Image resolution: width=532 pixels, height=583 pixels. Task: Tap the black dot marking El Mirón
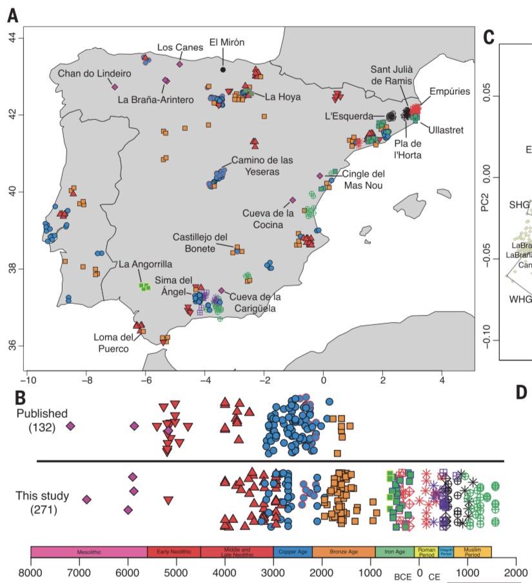coord(222,69)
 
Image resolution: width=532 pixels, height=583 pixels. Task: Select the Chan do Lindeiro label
coord(94,74)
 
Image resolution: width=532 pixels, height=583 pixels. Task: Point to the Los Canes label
coord(179,48)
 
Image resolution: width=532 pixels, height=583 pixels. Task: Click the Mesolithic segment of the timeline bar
coord(88,552)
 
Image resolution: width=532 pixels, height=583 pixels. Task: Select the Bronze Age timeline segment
coord(343,552)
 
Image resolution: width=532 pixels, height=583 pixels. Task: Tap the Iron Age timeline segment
coord(394,552)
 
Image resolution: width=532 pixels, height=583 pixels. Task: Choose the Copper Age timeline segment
coord(293,552)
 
